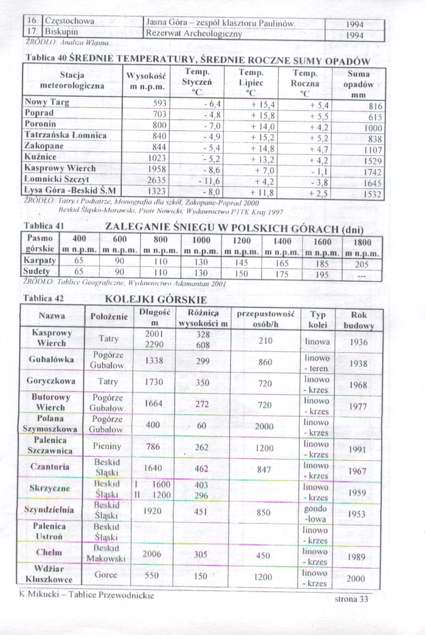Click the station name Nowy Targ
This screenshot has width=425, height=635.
pos(47,102)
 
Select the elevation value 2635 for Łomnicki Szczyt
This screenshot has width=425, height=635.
pos(157,180)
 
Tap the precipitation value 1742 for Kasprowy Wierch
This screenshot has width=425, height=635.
pos(373,172)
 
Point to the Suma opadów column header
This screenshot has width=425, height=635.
pos(358,84)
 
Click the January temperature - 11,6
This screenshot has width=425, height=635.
pos(209,181)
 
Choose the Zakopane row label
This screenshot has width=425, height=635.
pos(44,146)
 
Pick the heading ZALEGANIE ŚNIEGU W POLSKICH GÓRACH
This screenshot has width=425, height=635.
pos(234,228)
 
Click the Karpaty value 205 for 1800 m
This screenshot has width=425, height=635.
pos(361,264)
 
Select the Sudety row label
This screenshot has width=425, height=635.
pos(36,271)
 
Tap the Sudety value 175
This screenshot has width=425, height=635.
pos(282,274)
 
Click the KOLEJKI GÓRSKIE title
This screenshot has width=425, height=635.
pos(156,299)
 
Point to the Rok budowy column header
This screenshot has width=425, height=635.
pos(359,320)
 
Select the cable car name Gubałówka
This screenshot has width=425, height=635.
pos(51,359)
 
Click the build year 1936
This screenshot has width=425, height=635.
pos(358,342)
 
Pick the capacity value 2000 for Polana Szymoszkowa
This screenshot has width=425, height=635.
pos(264,426)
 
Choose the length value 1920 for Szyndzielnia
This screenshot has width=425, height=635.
pos(152,511)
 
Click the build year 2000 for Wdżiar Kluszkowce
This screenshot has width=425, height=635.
pos(356,579)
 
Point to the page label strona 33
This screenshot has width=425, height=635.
pos(351,599)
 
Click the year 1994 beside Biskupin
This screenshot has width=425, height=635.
pos(354,35)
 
